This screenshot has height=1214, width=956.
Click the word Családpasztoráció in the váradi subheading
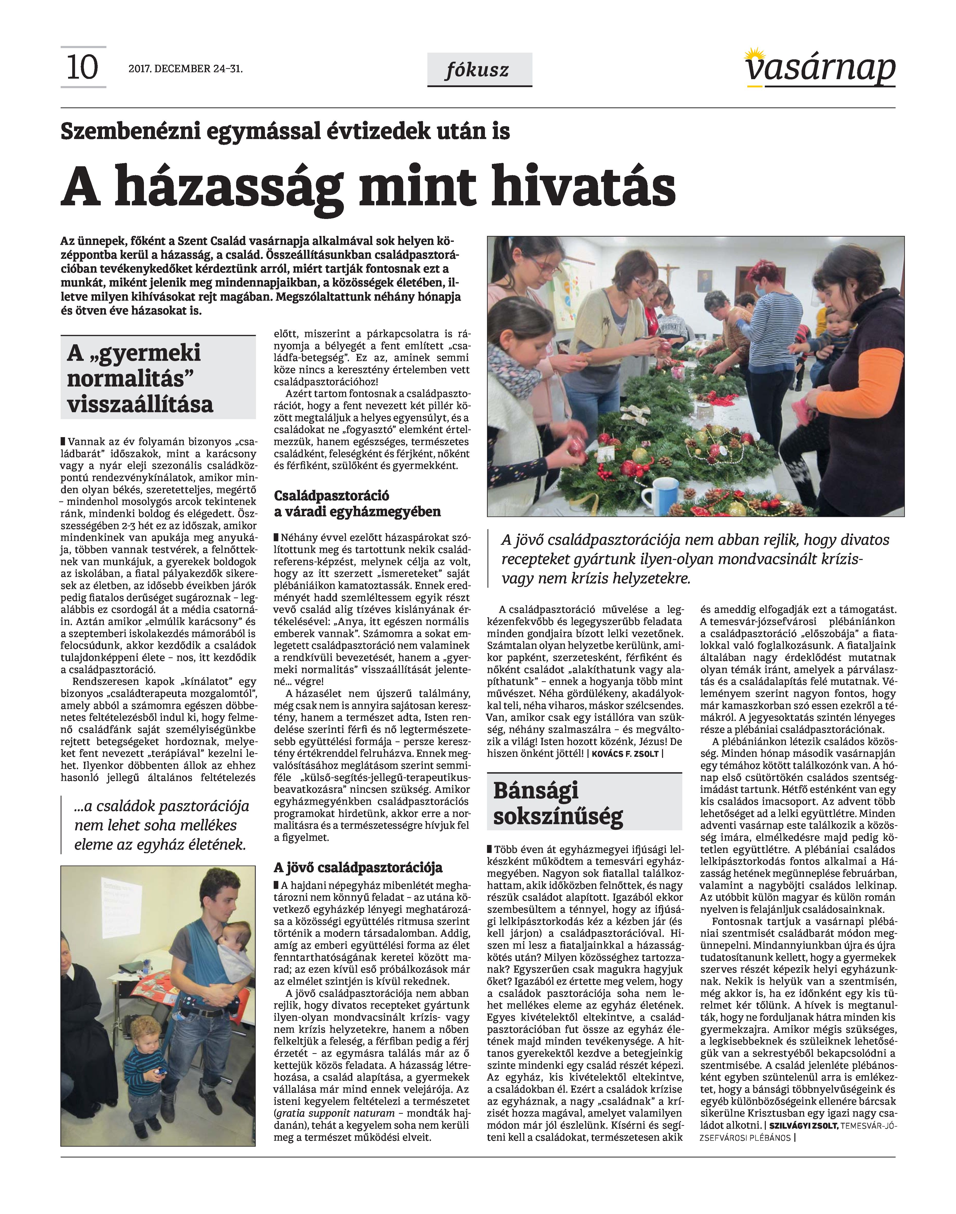point(331,495)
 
